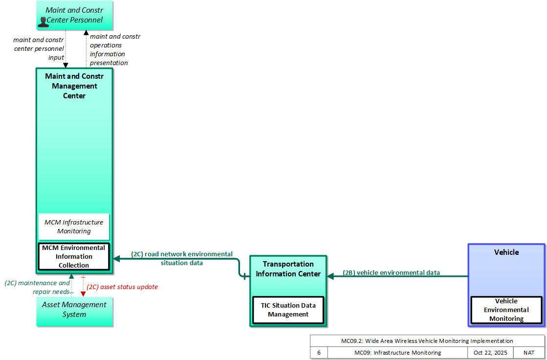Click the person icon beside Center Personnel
[x=43, y=22]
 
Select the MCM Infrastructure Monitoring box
[x=74, y=227]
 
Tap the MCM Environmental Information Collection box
[x=74, y=257]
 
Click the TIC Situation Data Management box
[x=288, y=310]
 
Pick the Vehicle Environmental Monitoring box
[x=506, y=310]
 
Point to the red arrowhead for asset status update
[x=83, y=294]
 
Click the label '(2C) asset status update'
[x=122, y=287]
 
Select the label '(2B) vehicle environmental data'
[x=391, y=273]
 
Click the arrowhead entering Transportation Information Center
[x=330, y=276]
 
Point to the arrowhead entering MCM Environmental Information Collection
[x=116, y=259]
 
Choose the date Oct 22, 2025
[x=490, y=353]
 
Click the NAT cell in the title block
[x=529, y=353]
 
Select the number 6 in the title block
[x=319, y=353]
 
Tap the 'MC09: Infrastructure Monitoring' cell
[x=398, y=353]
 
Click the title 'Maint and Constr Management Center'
[x=74, y=86]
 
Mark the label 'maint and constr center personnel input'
[x=39, y=48]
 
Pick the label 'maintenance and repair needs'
[x=37, y=288]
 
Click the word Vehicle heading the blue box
[x=506, y=252]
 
